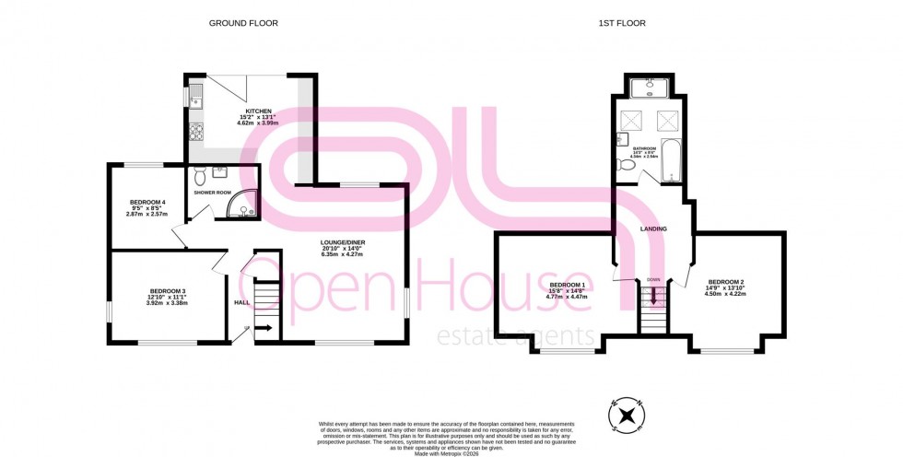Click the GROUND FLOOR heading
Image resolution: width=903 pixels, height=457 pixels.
[x=243, y=23]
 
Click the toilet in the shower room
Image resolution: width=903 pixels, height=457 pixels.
[x=200, y=171]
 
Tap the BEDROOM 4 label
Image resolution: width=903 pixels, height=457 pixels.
[x=147, y=202]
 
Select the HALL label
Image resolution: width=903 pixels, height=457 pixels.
[x=241, y=301]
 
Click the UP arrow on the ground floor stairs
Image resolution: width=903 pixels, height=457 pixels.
[x=263, y=327]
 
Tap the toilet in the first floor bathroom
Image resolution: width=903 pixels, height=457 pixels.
[x=623, y=166]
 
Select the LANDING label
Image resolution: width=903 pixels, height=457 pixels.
[x=653, y=228]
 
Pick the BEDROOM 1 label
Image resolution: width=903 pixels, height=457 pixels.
[x=567, y=285]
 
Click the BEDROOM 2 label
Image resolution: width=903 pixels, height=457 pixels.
[x=726, y=281]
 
